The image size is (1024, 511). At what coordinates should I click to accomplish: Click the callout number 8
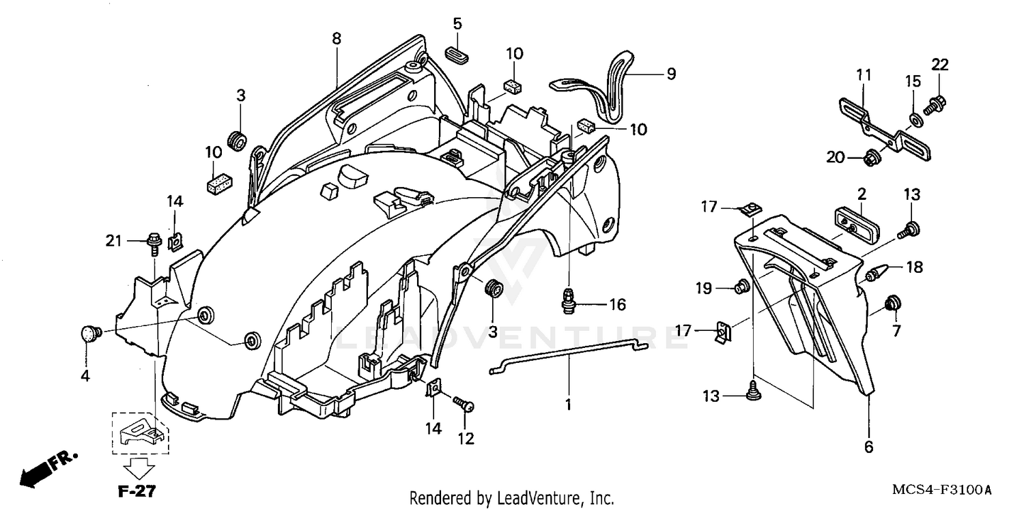pyautogui.click(x=337, y=39)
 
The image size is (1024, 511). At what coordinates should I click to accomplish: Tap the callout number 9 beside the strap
pyautogui.click(x=671, y=74)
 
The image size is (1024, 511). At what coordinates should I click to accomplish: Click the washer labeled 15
pyautogui.click(x=914, y=120)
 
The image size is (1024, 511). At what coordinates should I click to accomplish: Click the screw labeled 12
pyautogui.click(x=466, y=406)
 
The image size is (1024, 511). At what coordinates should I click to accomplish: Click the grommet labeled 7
pyautogui.click(x=892, y=302)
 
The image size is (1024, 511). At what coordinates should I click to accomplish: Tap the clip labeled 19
pyautogui.click(x=741, y=287)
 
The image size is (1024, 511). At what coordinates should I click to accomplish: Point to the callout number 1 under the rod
pyautogui.click(x=567, y=405)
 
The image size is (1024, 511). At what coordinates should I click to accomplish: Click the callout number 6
pyautogui.click(x=868, y=447)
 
